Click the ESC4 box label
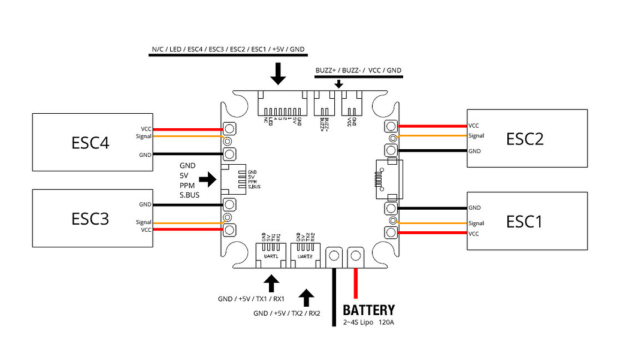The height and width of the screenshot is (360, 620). click(x=90, y=143)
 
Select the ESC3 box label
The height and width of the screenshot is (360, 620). click(x=90, y=219)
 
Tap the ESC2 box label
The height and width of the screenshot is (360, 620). click(x=524, y=139)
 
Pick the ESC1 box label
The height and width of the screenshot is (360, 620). click(x=524, y=221)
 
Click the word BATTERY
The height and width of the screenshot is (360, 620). click(x=368, y=310)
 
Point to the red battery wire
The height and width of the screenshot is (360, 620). click(x=357, y=282)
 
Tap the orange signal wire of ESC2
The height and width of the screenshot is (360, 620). click(x=431, y=136)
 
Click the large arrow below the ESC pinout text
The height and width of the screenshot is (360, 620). click(x=278, y=74)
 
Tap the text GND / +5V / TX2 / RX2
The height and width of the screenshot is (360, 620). click(x=287, y=313)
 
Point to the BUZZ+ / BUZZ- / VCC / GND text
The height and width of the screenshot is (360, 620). click(x=358, y=70)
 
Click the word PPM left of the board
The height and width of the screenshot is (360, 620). click(x=187, y=186)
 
